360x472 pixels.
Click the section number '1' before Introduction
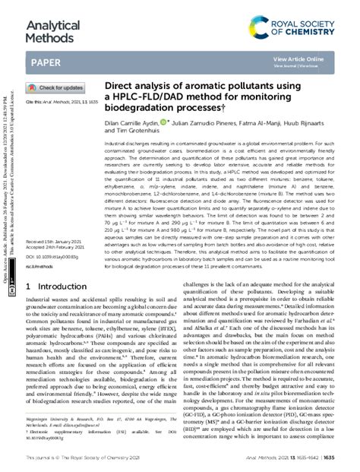click(x=29, y=265)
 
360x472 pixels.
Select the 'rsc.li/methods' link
click(x=38, y=245)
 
